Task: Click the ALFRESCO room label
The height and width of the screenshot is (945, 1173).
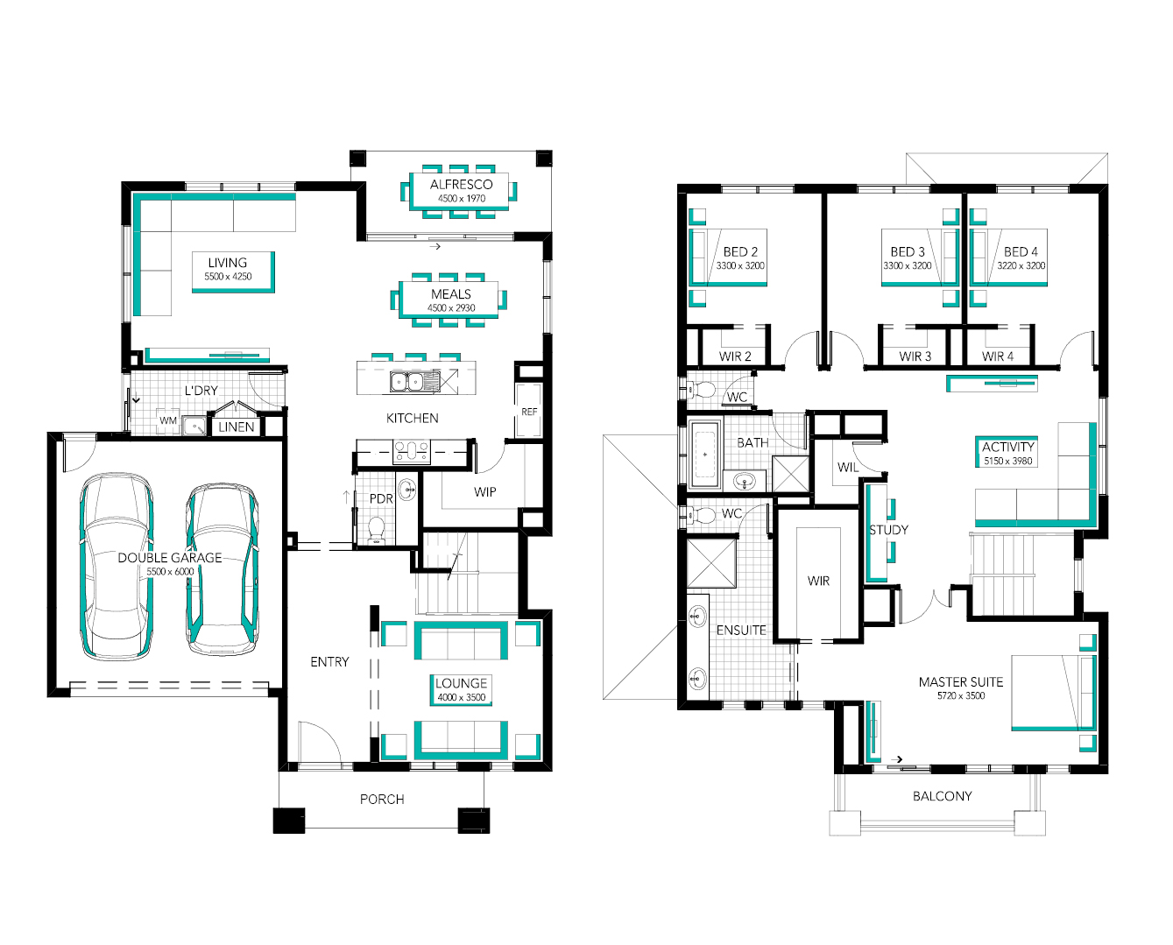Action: [461, 184]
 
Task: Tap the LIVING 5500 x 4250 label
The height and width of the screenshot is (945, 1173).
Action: [228, 269]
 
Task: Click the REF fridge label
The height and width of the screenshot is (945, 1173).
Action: [529, 412]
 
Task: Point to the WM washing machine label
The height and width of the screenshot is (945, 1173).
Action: [168, 420]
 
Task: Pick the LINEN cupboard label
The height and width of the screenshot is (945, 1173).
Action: [236, 427]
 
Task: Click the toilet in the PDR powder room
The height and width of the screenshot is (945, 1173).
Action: [376, 530]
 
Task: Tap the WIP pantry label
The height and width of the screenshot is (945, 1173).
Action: [484, 492]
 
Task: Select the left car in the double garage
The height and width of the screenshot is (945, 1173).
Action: [117, 567]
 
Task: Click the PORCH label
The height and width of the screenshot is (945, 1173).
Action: [382, 800]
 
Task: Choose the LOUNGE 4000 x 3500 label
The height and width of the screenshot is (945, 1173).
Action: [461, 689]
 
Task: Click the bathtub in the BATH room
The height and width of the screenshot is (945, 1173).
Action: [705, 454]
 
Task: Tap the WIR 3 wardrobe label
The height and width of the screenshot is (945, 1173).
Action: [915, 356]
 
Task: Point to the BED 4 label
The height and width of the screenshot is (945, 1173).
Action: [1021, 251]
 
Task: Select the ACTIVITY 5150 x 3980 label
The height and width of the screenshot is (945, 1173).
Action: [1007, 453]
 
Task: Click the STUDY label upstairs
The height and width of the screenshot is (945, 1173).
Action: [888, 530]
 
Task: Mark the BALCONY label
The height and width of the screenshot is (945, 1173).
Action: [943, 796]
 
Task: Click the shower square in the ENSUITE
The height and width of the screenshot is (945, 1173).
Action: [711, 563]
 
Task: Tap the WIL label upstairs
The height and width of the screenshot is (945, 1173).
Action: [848, 467]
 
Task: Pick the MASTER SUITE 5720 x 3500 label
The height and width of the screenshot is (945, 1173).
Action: [961, 688]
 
